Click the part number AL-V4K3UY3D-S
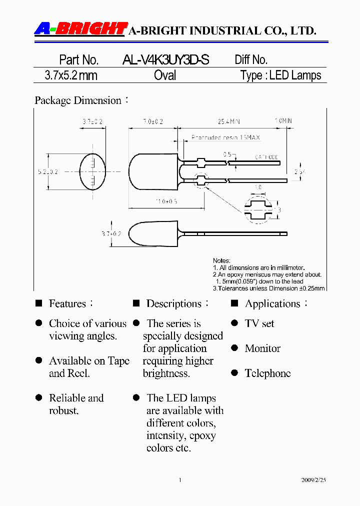coord(165,60)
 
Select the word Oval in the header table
coord(165,75)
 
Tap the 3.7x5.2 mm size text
coord(71,75)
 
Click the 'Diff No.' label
coord(251,60)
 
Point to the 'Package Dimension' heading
coord(78,100)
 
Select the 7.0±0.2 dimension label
coord(153,121)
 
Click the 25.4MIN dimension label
coord(228,121)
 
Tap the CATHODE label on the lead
coord(266,157)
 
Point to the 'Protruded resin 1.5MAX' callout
coord(225,137)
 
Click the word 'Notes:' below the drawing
coord(221,260)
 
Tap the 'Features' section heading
coord(67,303)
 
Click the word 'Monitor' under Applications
coord(262,348)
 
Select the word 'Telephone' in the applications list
coord(267,373)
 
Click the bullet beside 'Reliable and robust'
coord(38,398)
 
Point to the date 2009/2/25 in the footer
coord(313,480)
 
